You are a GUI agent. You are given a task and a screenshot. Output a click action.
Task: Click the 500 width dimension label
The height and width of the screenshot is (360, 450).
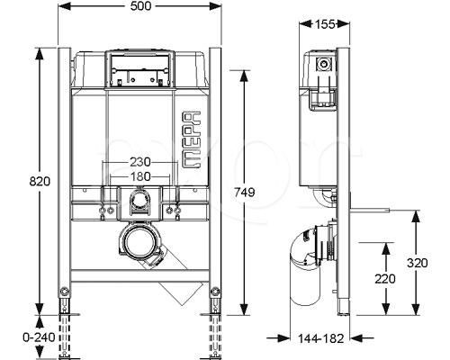pos(140,6)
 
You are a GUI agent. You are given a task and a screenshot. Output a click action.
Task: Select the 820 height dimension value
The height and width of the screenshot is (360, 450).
pos(40,181)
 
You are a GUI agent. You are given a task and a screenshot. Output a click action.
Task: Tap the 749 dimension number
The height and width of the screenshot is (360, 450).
pos(245,192)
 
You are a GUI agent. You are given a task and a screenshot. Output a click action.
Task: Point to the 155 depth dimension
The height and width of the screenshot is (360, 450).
pos(324,24)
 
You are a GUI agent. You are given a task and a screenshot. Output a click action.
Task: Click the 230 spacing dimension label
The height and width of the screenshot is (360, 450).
pos(140,162)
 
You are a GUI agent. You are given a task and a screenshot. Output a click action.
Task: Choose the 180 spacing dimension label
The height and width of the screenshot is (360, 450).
pos(140,176)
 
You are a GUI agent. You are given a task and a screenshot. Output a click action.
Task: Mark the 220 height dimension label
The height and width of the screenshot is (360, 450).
pos(385,279)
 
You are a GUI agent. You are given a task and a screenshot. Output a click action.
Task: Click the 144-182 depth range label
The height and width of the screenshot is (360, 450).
pos(320,338)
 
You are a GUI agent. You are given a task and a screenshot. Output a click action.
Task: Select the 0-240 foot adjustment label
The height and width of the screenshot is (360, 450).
pos(39,337)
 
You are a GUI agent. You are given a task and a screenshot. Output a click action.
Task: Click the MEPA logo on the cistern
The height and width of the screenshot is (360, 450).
pos(192,139)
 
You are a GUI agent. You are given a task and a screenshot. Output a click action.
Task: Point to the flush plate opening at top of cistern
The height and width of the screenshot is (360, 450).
pos(139,68)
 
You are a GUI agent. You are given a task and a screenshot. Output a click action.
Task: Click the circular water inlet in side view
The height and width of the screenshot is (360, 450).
pos(323,64)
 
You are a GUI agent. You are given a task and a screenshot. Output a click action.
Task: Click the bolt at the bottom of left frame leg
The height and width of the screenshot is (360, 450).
pos(64,291)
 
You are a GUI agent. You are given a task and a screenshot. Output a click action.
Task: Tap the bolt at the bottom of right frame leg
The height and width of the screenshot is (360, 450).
pos(215,291)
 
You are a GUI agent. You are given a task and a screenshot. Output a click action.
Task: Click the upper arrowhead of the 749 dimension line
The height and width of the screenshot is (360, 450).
pos(245,76)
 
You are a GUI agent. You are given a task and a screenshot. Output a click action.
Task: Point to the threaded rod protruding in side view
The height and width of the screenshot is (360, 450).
pos(370,210)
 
